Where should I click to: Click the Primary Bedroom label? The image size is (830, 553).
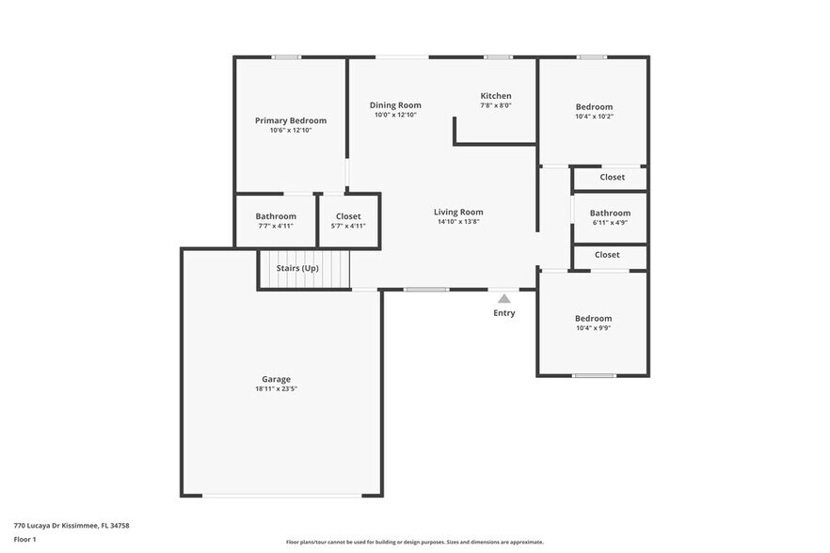tap(291, 120)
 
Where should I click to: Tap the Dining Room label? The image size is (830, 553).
tap(395, 105)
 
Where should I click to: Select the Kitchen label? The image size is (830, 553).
tap(496, 96)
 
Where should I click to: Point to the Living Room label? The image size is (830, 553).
tap(458, 212)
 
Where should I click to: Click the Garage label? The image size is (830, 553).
tap(276, 379)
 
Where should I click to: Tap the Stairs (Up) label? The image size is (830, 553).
tap(297, 268)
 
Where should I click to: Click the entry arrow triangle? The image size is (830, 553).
tap(504, 298)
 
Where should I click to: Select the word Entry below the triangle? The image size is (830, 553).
tap(504, 313)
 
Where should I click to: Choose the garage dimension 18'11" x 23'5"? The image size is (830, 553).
tap(276, 389)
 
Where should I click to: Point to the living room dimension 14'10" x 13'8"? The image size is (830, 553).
tap(458, 223)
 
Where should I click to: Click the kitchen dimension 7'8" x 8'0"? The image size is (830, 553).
tap(496, 105)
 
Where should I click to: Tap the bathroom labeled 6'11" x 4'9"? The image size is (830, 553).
tap(610, 217)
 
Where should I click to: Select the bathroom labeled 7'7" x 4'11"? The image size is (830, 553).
tap(276, 220)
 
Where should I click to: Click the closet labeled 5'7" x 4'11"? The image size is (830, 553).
tap(348, 220)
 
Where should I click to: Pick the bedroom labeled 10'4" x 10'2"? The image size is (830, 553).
tap(594, 111)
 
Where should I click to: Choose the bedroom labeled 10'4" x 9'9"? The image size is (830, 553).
tap(593, 323)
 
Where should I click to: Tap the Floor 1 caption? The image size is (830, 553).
tap(24, 539)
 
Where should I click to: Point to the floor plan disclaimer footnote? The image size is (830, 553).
tap(414, 542)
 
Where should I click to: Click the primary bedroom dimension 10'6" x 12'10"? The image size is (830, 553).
tap(291, 131)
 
